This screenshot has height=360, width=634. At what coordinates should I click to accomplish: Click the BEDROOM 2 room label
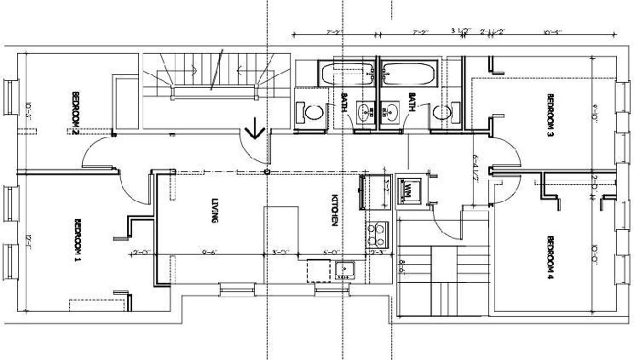click(x=76, y=113)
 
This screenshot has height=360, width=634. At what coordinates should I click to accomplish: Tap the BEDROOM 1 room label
click(x=77, y=240)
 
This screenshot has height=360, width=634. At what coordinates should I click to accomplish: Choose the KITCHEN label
click(x=334, y=210)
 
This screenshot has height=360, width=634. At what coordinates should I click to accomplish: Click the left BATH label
click(x=344, y=102)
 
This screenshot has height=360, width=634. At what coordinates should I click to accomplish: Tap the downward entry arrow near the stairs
click(x=256, y=130)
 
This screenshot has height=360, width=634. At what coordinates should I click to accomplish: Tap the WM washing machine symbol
click(x=411, y=190)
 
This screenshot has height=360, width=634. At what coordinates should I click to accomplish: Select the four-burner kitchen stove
click(x=377, y=235)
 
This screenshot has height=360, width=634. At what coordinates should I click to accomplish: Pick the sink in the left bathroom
click(x=367, y=112)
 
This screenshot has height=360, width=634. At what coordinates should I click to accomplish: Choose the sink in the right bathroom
click(x=390, y=112)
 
